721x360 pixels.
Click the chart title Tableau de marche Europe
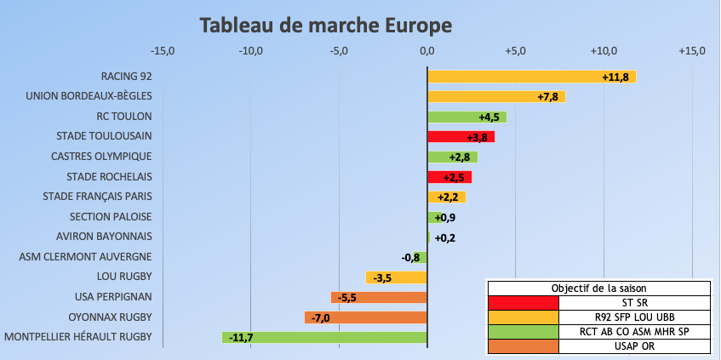(x=325, y=25)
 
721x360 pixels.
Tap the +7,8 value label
(x=547, y=96)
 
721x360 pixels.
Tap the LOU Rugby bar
(x=397, y=277)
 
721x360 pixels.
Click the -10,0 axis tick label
(x=251, y=51)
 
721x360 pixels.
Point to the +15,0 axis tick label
(x=692, y=51)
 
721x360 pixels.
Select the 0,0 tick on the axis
(x=426, y=51)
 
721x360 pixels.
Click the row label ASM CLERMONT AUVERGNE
(x=85, y=256)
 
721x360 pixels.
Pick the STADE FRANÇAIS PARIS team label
(x=97, y=197)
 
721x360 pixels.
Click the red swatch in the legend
(x=523, y=302)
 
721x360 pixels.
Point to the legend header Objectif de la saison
(x=598, y=288)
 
